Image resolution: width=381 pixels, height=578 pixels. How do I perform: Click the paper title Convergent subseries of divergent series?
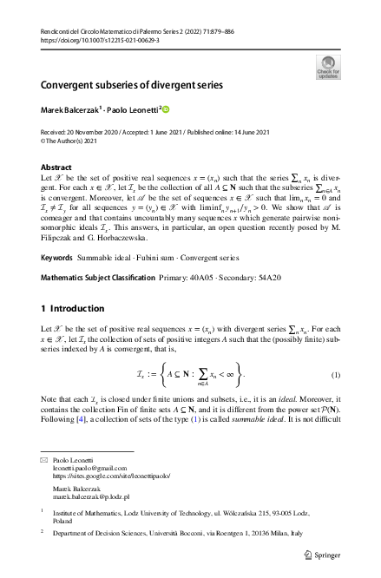(x=132, y=86)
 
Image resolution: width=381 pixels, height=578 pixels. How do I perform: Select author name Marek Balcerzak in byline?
(x=70, y=110)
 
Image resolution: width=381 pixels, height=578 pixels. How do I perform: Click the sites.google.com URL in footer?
(x=111, y=476)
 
